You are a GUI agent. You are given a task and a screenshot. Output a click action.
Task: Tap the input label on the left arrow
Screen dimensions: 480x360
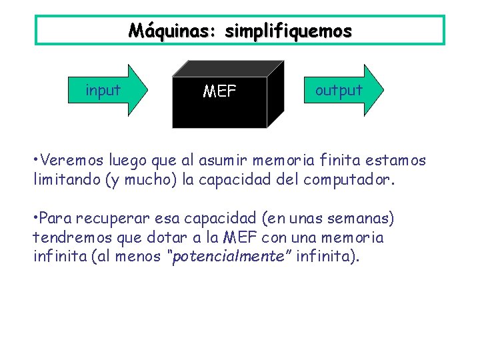click(x=103, y=91)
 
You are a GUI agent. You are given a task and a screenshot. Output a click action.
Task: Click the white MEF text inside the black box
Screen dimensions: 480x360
click(x=219, y=91)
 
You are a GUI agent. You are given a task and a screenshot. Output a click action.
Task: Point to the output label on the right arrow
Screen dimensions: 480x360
click(x=339, y=91)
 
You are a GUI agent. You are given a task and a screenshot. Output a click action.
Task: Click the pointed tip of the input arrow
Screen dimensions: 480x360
click(x=151, y=91)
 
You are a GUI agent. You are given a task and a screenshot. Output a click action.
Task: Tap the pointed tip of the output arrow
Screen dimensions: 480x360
click(x=384, y=91)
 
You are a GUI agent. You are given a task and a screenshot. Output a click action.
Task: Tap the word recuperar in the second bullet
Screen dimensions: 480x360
click(x=105, y=219)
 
